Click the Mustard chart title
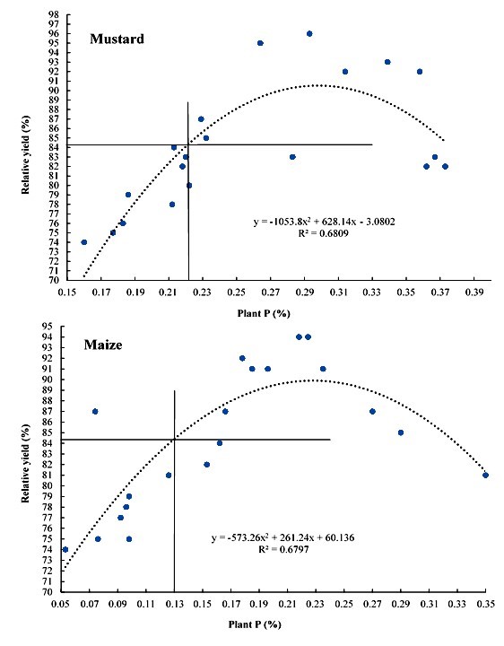[x=117, y=39]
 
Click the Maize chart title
[x=103, y=345]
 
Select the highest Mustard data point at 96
[x=309, y=34]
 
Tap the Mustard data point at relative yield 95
[x=260, y=43]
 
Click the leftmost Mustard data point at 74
[x=84, y=242]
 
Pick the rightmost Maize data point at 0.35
[x=485, y=475]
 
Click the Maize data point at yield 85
[x=401, y=432]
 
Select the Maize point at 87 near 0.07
[x=95, y=411]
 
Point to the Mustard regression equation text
[x=324, y=222]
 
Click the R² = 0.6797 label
[x=283, y=549]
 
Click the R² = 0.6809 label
[x=324, y=233]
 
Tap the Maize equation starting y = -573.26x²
[x=282, y=537]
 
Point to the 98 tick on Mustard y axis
[x=55, y=15]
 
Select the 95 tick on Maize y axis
[x=54, y=327]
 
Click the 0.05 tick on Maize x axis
[x=61, y=604]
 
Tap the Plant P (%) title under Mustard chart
[x=264, y=313]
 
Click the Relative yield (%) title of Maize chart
[x=25, y=464]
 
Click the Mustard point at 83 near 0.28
[x=292, y=157]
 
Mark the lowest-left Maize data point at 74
[x=65, y=550]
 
